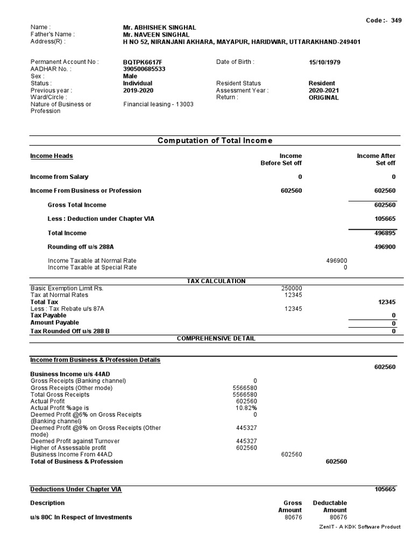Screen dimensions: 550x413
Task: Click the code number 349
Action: coord(396,20)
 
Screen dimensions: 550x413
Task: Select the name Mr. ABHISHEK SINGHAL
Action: coord(159,27)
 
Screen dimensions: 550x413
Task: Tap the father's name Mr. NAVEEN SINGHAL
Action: coord(156,34)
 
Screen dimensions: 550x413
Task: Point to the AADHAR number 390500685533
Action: coord(144,69)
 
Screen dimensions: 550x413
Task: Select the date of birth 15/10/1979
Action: coord(324,62)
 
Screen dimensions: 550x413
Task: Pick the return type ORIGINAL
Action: coord(324,98)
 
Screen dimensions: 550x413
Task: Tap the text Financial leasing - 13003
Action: coord(158,104)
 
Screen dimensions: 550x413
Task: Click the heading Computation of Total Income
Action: coord(215,141)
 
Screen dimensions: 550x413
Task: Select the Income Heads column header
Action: coord(52,156)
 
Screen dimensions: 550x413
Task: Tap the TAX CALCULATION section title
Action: coord(216,281)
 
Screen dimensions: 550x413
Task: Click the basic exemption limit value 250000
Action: coord(293,288)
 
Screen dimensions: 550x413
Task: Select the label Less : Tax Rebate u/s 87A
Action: coord(67,309)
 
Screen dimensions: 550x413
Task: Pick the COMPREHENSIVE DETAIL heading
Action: coord(216,338)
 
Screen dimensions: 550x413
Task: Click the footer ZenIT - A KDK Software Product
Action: coord(360,527)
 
